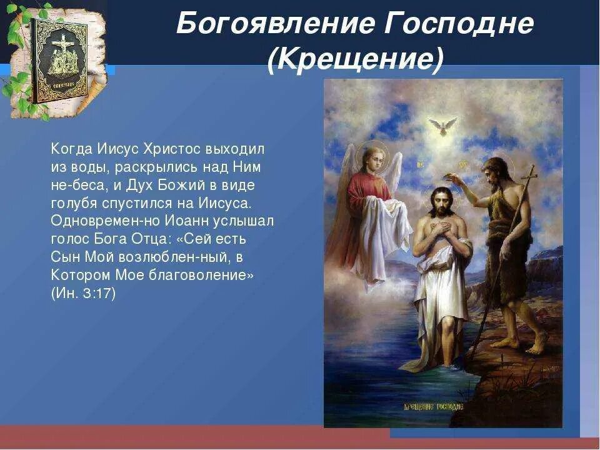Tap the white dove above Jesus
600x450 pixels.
pyautogui.click(x=442, y=126)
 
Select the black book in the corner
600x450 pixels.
pyautogui.click(x=60, y=59)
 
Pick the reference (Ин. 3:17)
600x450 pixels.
pyautogui.click(x=84, y=294)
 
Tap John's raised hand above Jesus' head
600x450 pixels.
pyautogui.click(x=455, y=179)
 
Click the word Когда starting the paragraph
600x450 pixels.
pyautogui.click(x=71, y=149)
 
